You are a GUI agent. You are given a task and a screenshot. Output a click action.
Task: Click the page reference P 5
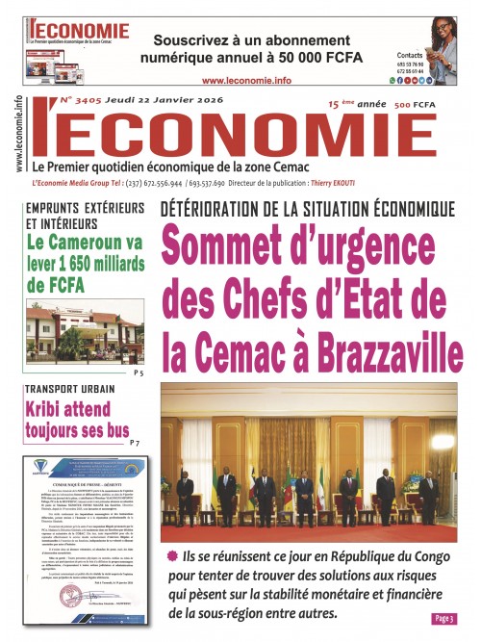(139, 372)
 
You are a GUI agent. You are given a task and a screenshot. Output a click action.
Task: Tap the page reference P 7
(140, 443)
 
